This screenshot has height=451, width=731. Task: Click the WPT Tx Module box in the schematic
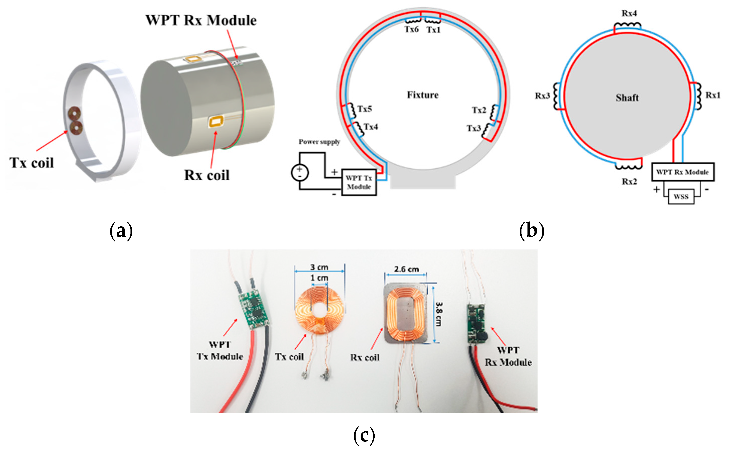pos(359,182)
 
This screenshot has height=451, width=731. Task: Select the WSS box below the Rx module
pos(681,197)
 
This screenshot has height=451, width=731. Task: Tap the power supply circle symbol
pos(300,172)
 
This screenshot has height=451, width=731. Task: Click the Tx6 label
pos(412,29)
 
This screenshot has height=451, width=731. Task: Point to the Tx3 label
pos(474,128)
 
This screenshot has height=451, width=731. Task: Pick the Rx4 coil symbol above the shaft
pos(627,25)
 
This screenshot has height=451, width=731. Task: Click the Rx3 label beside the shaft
pos(542,96)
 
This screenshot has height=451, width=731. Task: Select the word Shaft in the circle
pos(627,98)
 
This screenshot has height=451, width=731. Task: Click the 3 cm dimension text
pos(319,267)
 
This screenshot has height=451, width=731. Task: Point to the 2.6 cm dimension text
pos(406,269)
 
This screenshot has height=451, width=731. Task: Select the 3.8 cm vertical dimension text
pos(439,314)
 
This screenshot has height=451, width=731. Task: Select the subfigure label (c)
pos(364,435)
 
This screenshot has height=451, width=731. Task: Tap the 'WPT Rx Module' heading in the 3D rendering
pos(201,20)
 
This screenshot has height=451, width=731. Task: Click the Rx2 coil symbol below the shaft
pos(628,167)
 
